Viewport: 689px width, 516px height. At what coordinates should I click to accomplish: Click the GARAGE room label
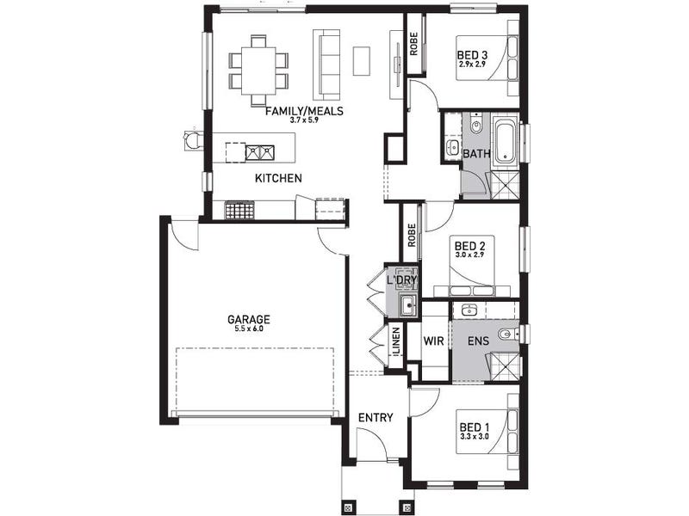tap(248, 319)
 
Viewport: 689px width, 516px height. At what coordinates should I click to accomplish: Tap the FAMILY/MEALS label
tap(304, 111)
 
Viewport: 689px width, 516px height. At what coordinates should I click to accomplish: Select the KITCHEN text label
tap(278, 178)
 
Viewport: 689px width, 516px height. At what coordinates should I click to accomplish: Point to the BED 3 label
tap(472, 55)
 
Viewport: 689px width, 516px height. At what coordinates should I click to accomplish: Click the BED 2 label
tap(469, 245)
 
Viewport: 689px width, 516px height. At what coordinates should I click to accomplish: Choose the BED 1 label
tap(475, 427)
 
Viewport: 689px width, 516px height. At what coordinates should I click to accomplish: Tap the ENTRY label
tap(376, 418)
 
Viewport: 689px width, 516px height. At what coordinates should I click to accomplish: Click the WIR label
tap(434, 341)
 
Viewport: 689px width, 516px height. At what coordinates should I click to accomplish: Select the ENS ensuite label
tap(479, 341)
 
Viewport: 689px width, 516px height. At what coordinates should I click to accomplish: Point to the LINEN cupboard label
tap(396, 341)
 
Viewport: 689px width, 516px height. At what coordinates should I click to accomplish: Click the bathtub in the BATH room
tap(505, 140)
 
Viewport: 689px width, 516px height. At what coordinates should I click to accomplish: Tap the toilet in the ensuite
tap(509, 335)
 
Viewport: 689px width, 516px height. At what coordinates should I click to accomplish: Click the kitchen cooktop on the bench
tap(240, 210)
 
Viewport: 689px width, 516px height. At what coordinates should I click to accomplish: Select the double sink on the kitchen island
tap(260, 152)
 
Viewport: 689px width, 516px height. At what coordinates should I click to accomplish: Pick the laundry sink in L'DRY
tap(408, 305)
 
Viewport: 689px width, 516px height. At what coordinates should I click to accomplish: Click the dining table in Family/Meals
tap(259, 71)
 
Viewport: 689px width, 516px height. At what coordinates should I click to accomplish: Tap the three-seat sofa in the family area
tap(326, 64)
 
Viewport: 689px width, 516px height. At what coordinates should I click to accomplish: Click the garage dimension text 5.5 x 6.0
tap(248, 329)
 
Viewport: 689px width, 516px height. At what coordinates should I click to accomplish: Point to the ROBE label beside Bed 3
tap(413, 45)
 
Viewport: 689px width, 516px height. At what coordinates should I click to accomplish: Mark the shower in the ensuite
tap(504, 366)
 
